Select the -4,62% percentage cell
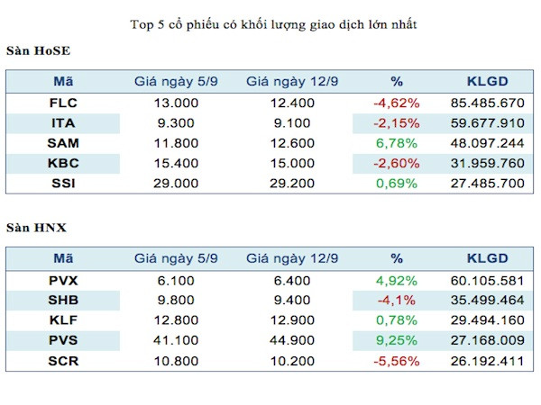pyautogui.click(x=392, y=103)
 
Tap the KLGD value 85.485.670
pyautogui.click(x=488, y=103)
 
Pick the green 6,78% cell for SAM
pyautogui.click(x=392, y=143)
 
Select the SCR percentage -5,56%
pyautogui.click(x=392, y=362)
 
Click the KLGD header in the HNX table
pyautogui.click(x=488, y=258)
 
